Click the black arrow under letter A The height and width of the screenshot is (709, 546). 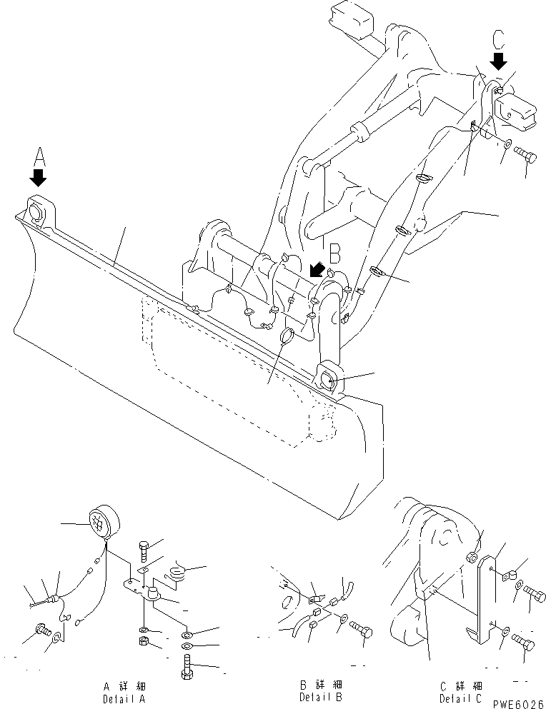(38, 175)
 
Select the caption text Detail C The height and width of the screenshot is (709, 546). (462, 696)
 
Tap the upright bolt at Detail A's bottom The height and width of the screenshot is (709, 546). (187, 671)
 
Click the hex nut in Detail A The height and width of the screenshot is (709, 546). (144, 643)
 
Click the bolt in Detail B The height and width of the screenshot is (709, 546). (362, 630)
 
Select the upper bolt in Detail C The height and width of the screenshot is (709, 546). (533, 591)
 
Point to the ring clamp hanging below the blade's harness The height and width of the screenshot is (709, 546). (287, 336)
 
